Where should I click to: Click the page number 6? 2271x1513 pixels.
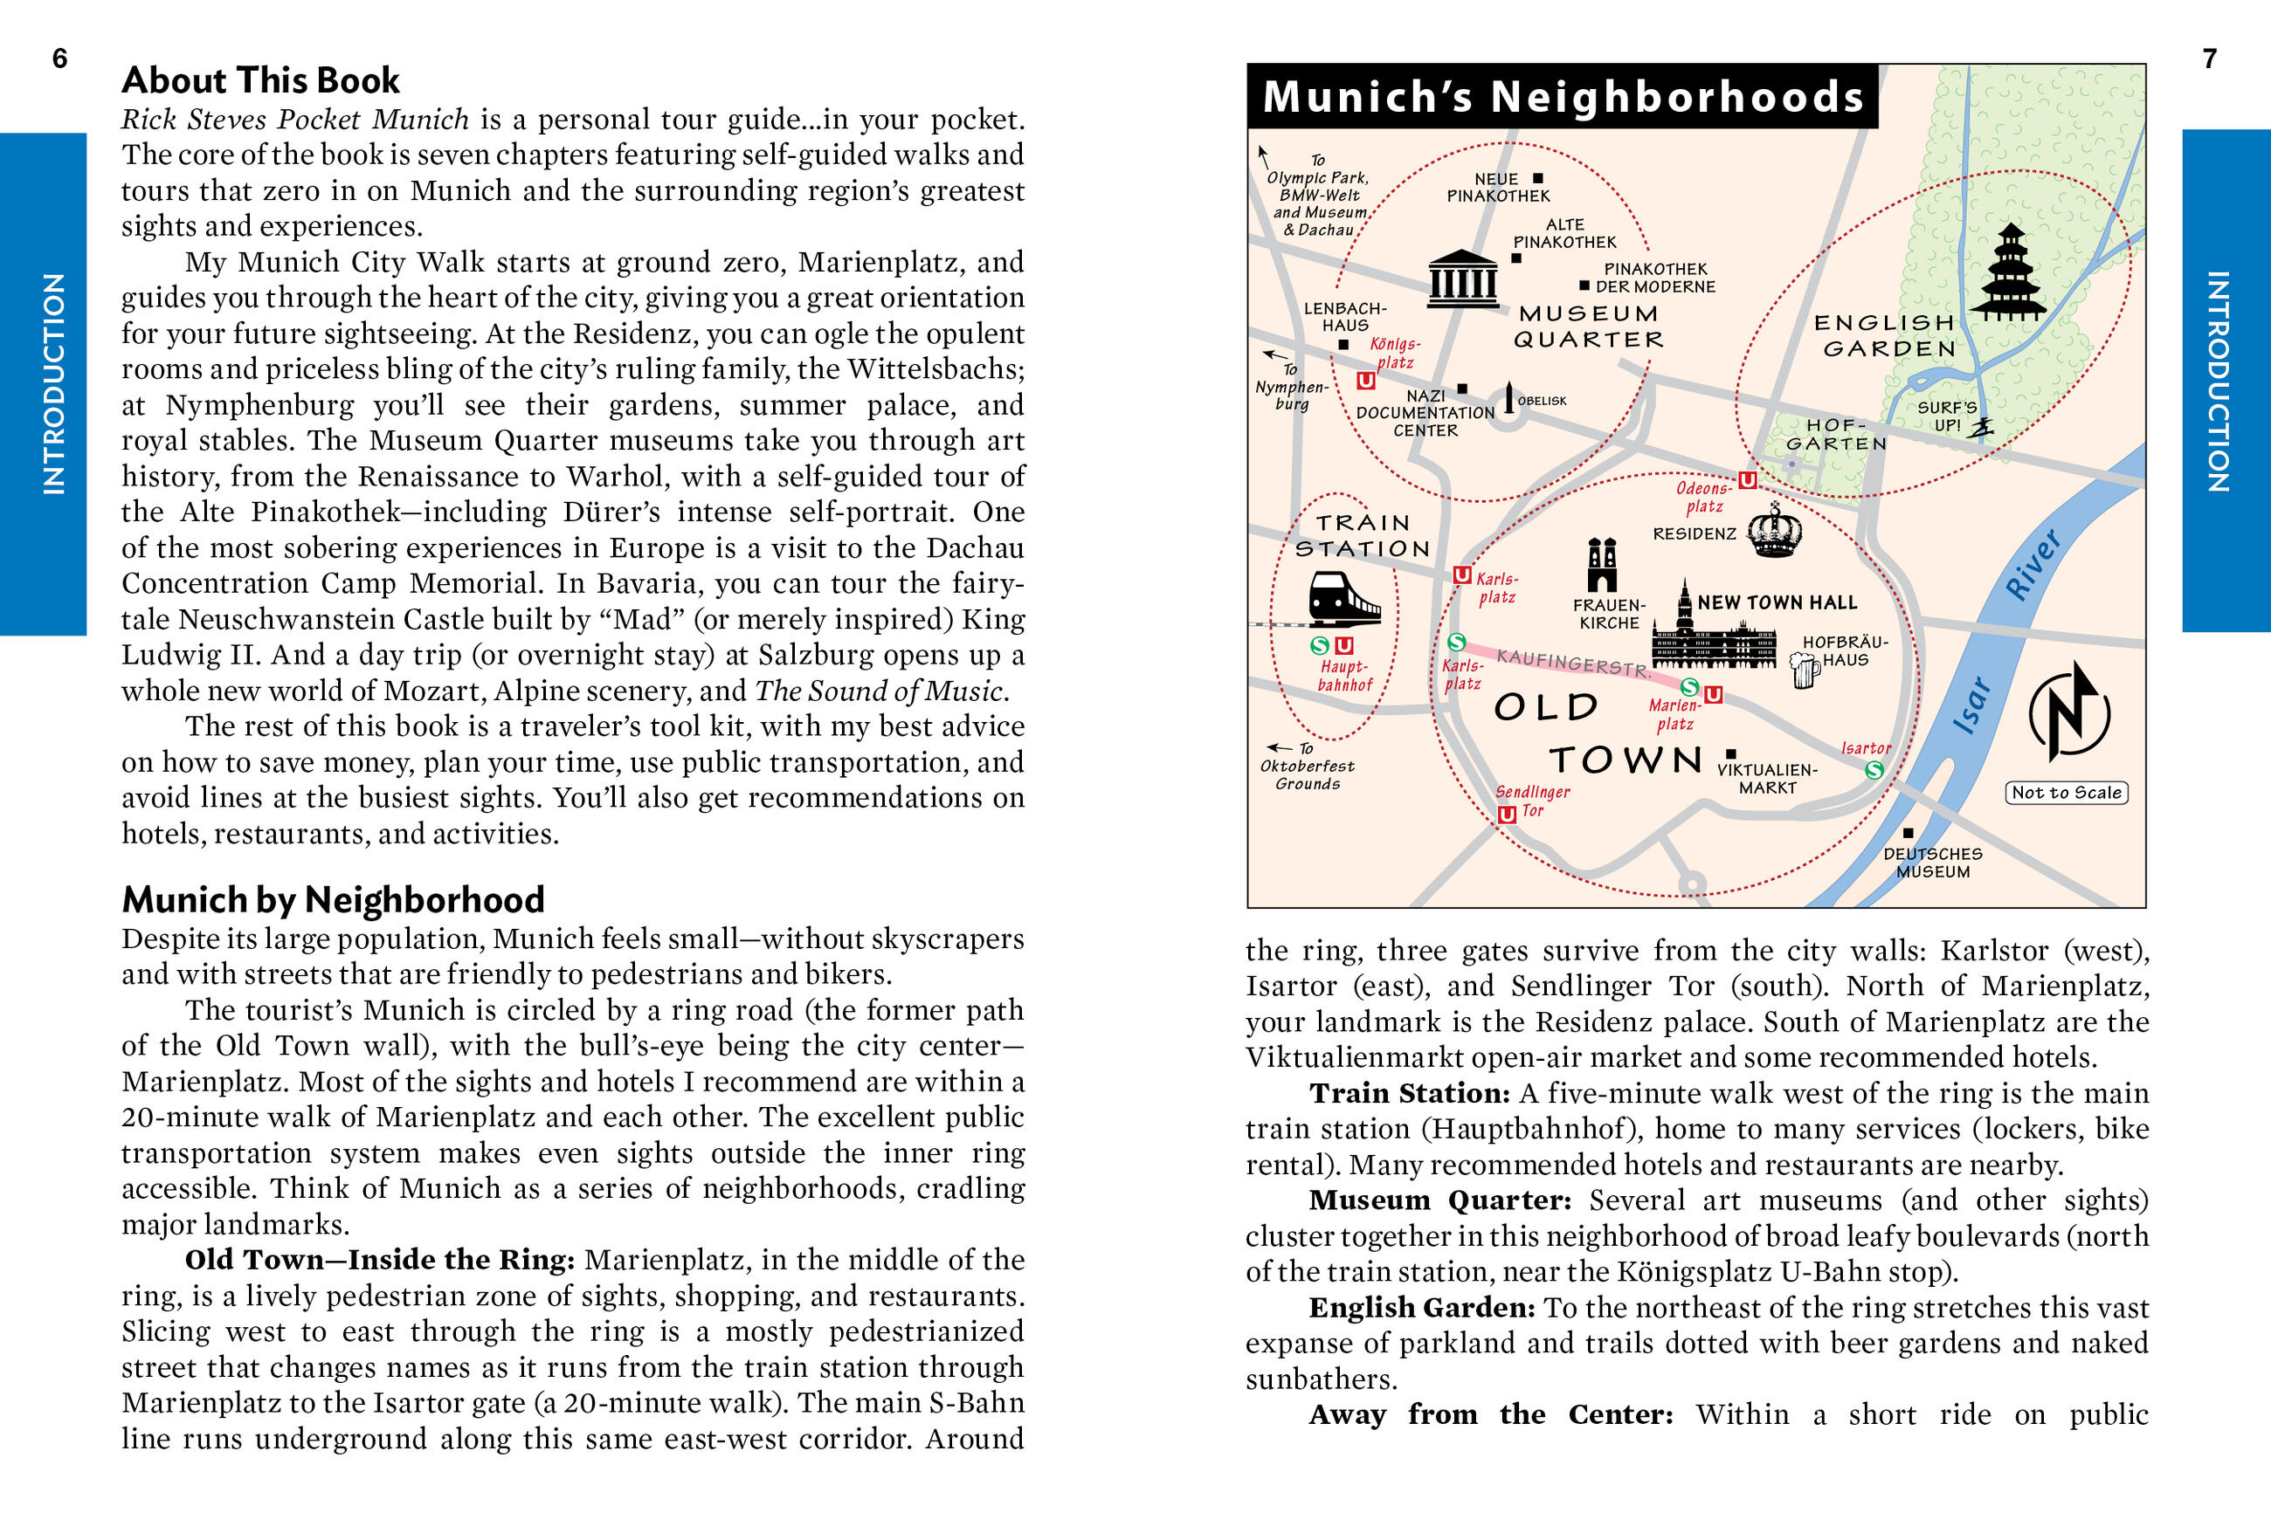pyautogui.click(x=60, y=58)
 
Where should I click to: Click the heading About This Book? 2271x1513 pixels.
pyautogui.click(x=260, y=80)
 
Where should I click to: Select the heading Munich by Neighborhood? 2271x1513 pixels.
pyautogui.click(x=333, y=899)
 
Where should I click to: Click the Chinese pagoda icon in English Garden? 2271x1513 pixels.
pyautogui.click(x=2008, y=272)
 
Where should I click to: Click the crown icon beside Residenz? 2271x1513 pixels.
pyautogui.click(x=1774, y=531)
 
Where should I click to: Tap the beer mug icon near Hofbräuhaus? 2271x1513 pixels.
pyautogui.click(x=1803, y=669)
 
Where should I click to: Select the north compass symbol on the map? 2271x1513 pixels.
pyautogui.click(x=2068, y=712)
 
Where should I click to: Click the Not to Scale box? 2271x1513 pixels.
pyautogui.click(x=2067, y=792)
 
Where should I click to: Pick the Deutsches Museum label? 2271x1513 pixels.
pyautogui.click(x=1932, y=863)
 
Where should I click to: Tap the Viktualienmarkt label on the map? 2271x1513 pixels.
pyautogui.click(x=1766, y=779)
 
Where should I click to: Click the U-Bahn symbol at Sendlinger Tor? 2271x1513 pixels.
pyautogui.click(x=1507, y=815)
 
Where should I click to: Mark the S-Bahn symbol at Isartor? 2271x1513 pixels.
pyautogui.click(x=1874, y=770)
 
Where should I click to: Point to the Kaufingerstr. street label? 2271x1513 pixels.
pyautogui.click(x=1573, y=663)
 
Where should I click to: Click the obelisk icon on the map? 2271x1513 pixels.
pyautogui.click(x=1509, y=398)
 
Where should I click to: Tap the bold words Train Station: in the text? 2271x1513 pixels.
pyautogui.click(x=1409, y=1093)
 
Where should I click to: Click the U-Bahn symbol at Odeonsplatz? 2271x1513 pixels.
pyautogui.click(x=1748, y=479)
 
